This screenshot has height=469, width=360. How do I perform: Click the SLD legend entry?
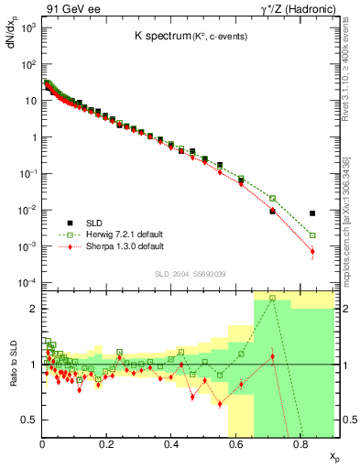[x=96, y=224]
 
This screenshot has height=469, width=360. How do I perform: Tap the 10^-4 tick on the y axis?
[x=29, y=282]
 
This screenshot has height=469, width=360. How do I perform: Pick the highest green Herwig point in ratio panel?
[x=272, y=298]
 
